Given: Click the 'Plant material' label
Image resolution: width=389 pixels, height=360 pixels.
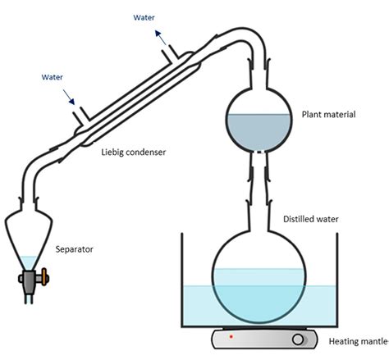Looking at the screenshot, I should click(x=328, y=115).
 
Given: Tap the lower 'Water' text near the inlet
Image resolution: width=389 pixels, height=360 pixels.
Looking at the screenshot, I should click(x=56, y=78).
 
